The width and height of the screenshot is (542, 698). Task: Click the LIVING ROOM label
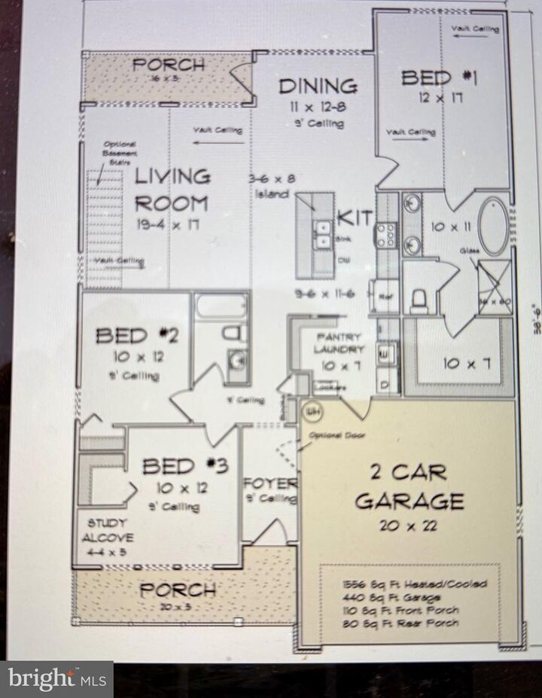point(172,190)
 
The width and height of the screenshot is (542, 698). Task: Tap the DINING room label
point(318,86)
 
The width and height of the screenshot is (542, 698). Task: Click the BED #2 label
point(137,336)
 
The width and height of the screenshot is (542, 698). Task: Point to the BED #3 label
point(185,467)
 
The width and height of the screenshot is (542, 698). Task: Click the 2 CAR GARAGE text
point(409,486)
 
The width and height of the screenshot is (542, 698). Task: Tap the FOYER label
point(270,483)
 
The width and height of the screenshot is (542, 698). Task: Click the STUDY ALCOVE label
point(110,530)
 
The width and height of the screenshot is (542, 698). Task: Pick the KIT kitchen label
point(354,218)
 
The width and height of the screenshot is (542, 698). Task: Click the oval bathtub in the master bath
point(494,226)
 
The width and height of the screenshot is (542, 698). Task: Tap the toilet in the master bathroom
point(419,300)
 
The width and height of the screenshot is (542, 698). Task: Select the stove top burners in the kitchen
point(386,236)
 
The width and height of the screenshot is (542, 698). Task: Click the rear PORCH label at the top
point(169,65)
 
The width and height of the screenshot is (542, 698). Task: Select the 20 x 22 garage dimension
point(408,526)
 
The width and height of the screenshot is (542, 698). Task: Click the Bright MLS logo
point(56,679)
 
